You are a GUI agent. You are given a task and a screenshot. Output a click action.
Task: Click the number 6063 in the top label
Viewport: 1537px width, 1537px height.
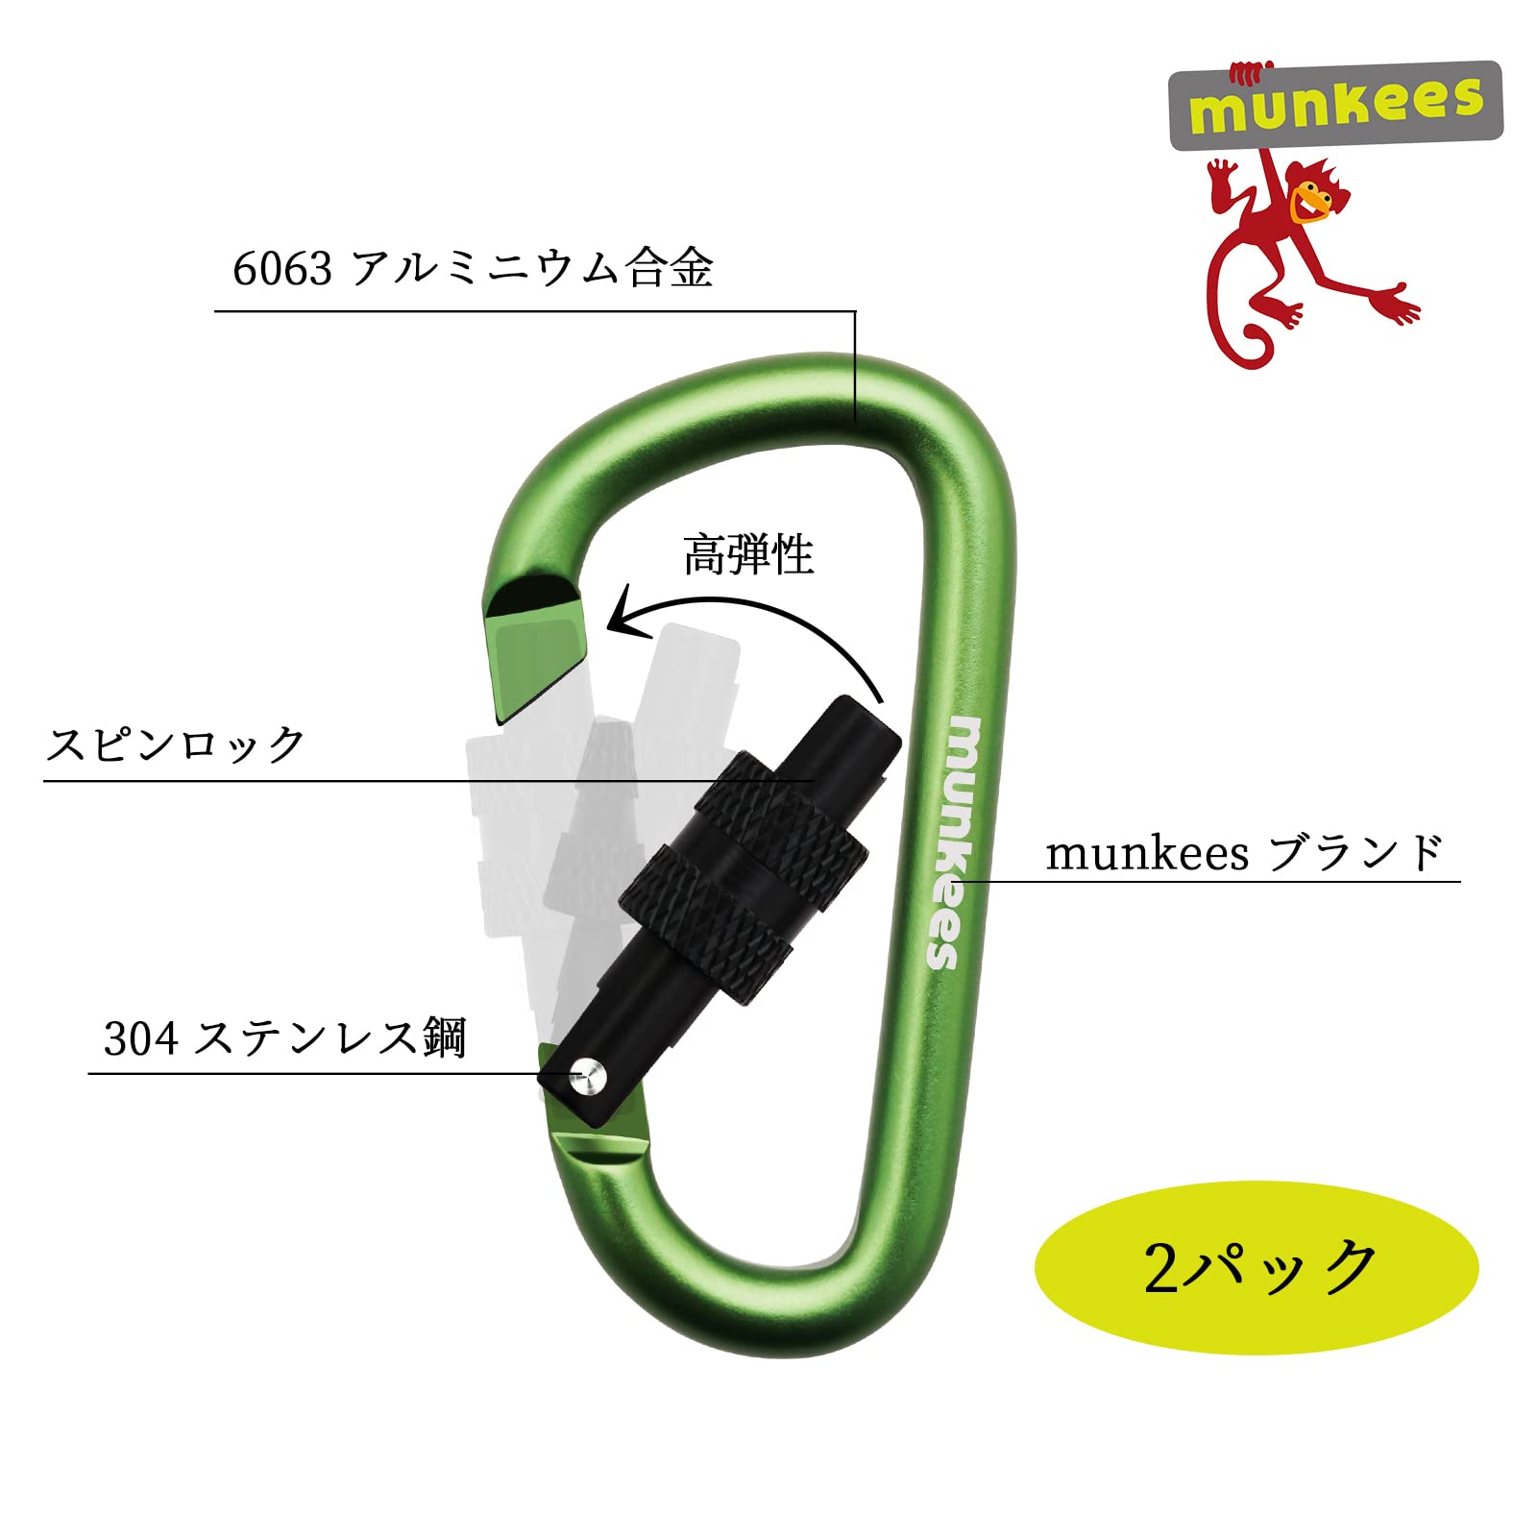click(x=281, y=269)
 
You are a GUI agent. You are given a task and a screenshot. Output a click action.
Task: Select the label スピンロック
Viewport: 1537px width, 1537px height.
click(x=176, y=744)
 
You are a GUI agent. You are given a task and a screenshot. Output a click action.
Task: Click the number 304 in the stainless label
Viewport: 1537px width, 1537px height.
click(x=140, y=1038)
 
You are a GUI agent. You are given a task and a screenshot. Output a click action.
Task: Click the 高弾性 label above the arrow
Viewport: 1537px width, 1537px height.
click(x=748, y=555)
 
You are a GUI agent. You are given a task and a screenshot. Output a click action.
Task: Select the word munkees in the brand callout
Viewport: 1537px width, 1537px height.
click(x=1146, y=853)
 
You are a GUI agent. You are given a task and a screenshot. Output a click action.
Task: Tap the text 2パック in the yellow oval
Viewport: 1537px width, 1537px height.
click(x=1259, y=1267)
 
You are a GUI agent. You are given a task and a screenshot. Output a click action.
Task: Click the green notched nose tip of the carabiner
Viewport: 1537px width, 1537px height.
click(x=535, y=653)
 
